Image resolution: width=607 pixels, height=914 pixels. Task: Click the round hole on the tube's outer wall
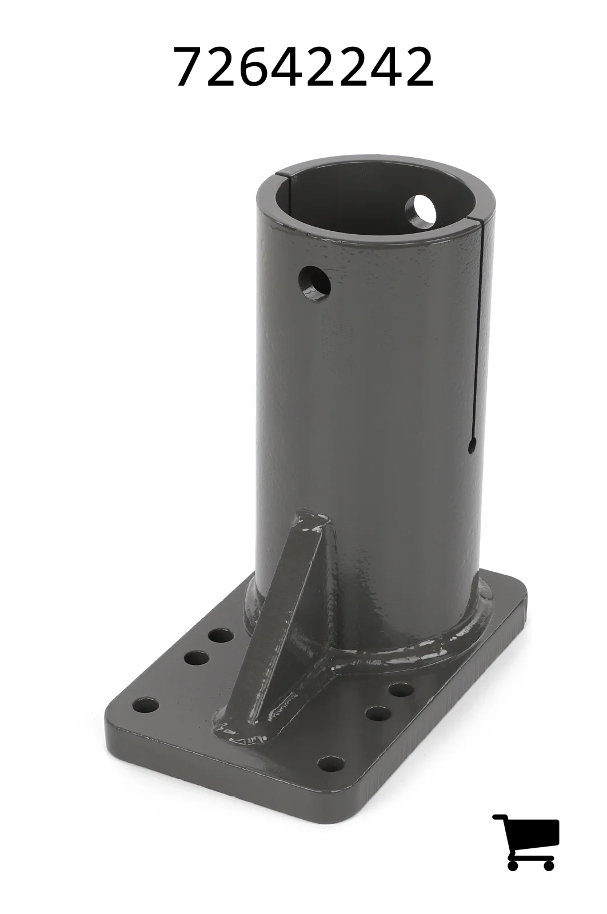314,283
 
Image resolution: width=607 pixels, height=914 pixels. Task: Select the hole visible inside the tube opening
421,209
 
